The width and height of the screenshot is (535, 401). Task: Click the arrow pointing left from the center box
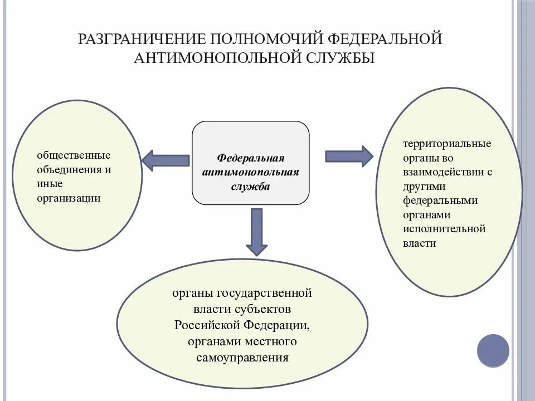click(165, 160)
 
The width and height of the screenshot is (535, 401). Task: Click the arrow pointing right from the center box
click(349, 156)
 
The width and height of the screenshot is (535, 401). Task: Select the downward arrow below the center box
click(257, 230)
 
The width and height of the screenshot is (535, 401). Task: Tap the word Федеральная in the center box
click(251, 158)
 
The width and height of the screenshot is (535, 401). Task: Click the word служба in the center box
click(251, 187)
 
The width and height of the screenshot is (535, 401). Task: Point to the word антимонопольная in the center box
click(251, 172)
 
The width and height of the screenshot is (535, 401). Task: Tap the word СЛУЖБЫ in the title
click(340, 58)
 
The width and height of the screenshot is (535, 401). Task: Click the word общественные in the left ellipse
click(74, 155)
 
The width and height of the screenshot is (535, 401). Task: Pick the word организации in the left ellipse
click(69, 198)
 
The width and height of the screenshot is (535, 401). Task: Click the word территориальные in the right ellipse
click(448, 144)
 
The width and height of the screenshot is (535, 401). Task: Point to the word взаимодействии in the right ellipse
click(442, 172)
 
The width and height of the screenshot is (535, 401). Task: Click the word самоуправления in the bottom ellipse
click(242, 358)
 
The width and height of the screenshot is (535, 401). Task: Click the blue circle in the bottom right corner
click(493, 350)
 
